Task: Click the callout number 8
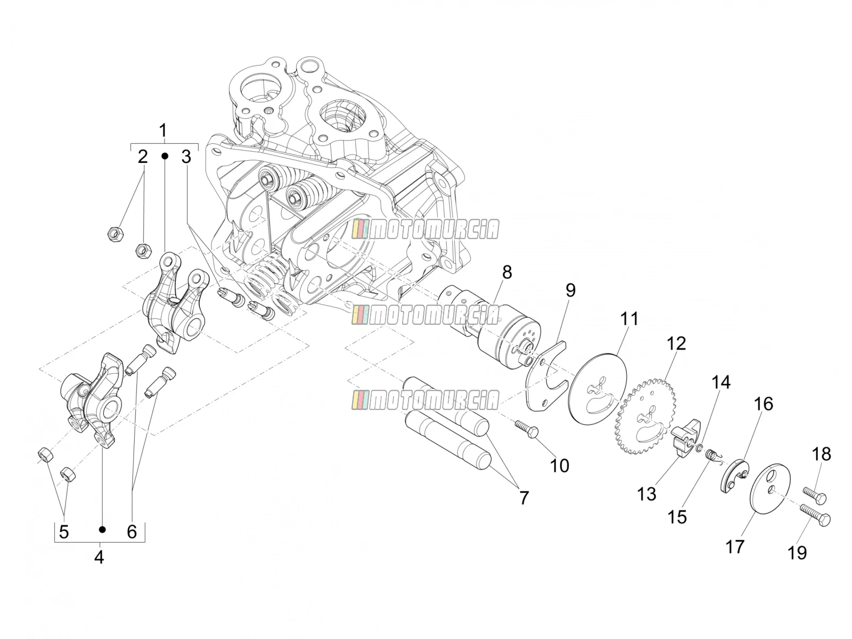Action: pos(507,273)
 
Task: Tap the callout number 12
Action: pos(677,344)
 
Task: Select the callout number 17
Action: pos(735,547)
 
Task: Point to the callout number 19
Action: pos(797,553)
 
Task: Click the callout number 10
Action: pos(559,465)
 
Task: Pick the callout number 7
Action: pos(524,498)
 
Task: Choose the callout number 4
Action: pos(99,558)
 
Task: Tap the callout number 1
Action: pos(163,130)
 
